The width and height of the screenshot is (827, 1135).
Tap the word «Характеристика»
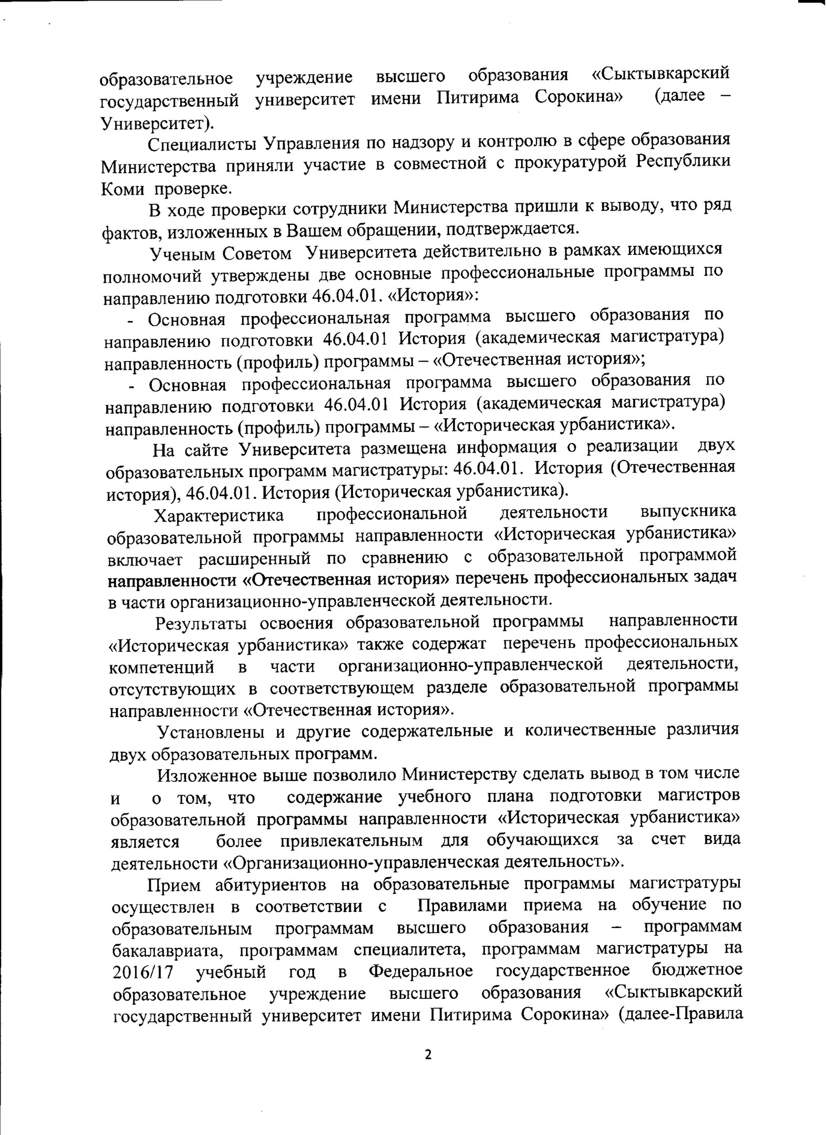pos(219,515)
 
